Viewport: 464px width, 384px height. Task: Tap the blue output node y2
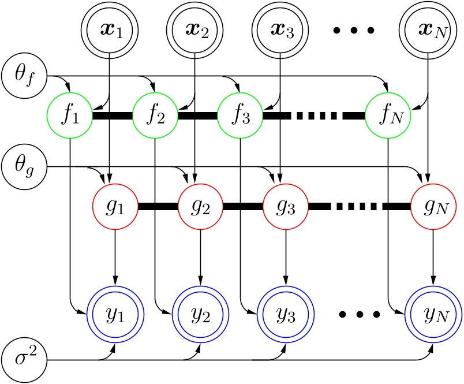[200, 315]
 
